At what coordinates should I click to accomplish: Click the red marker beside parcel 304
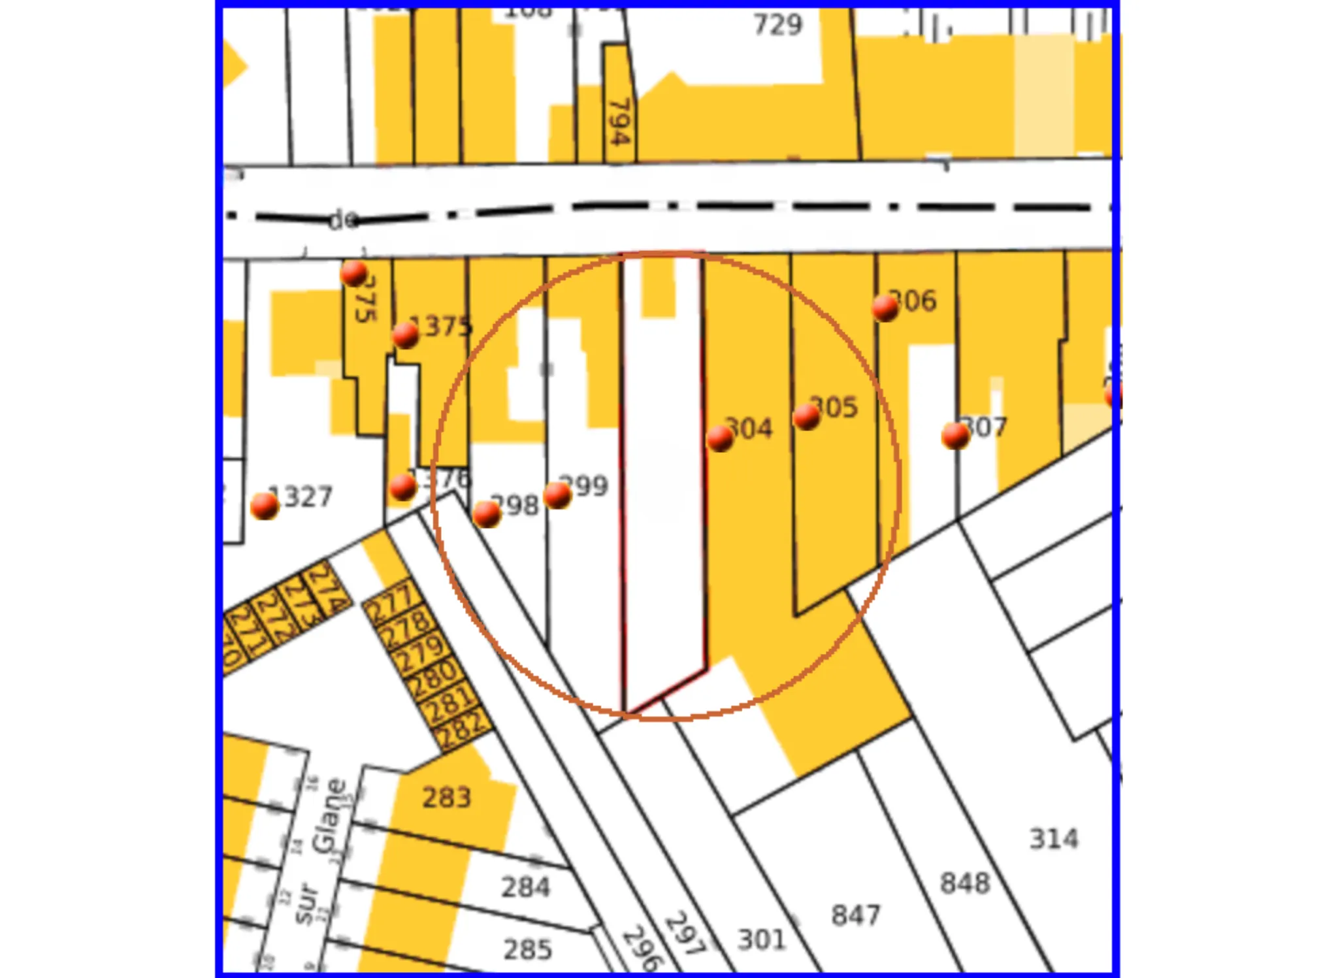tap(720, 438)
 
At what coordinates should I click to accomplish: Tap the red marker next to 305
tap(807, 416)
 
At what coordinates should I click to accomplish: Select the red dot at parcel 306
tap(885, 307)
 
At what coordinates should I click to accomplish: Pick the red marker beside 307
tap(955, 435)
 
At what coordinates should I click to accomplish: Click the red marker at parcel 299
tap(557, 495)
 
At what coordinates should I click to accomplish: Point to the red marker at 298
tap(487, 514)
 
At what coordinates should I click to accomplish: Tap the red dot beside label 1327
tap(265, 506)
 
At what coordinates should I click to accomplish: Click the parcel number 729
tap(777, 25)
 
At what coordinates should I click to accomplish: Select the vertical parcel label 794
tap(618, 122)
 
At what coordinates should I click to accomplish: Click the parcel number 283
tap(446, 798)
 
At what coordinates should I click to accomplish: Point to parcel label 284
tap(526, 887)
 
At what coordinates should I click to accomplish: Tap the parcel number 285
tap(528, 949)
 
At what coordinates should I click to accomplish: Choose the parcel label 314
tap(1054, 839)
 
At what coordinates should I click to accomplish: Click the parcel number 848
tap(965, 883)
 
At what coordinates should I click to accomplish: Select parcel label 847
tap(856, 915)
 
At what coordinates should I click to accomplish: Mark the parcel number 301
tap(762, 939)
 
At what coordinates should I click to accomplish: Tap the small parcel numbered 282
tap(463, 728)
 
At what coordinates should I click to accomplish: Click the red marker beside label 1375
tap(406, 335)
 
